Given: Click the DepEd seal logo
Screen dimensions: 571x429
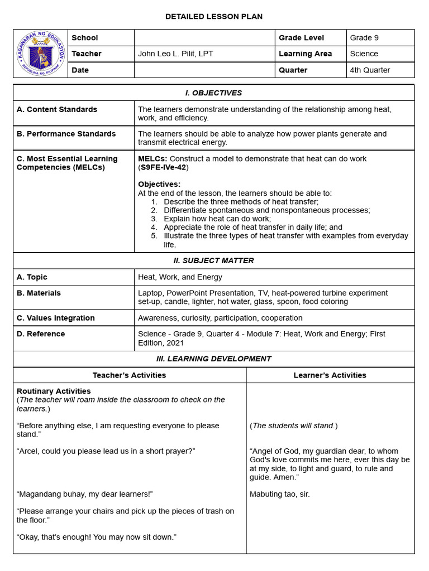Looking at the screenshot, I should pyautogui.click(x=40, y=54).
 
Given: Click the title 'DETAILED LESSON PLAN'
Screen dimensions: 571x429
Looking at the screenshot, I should pyautogui.click(x=214, y=17).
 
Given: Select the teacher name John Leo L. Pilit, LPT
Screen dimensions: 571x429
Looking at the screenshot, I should pyautogui.click(x=175, y=54).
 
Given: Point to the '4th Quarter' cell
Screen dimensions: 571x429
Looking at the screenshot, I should pyautogui.click(x=370, y=70).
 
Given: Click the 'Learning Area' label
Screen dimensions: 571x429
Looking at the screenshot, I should pyautogui.click(x=305, y=54).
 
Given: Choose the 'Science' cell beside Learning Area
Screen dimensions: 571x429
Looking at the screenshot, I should pyautogui.click(x=364, y=54).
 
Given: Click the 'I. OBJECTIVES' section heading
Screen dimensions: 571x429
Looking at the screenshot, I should pyautogui.click(x=214, y=93).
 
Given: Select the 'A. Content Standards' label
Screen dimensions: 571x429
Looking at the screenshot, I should pyautogui.click(x=57, y=109).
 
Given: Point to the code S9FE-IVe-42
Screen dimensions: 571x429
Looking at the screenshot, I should pyautogui.click(x=164, y=167).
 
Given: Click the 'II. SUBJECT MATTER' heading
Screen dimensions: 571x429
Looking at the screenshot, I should pyautogui.click(x=214, y=261).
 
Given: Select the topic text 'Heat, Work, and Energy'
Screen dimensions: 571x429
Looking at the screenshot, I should pyautogui.click(x=180, y=277).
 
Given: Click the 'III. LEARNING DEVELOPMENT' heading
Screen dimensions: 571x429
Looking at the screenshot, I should pyautogui.click(x=214, y=359).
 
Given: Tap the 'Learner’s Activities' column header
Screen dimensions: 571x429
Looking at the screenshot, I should pyautogui.click(x=330, y=375).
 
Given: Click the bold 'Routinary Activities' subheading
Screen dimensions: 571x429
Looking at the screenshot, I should pyautogui.click(x=54, y=391).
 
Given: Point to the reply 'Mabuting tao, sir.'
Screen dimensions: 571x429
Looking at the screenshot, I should pyautogui.click(x=280, y=494).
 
